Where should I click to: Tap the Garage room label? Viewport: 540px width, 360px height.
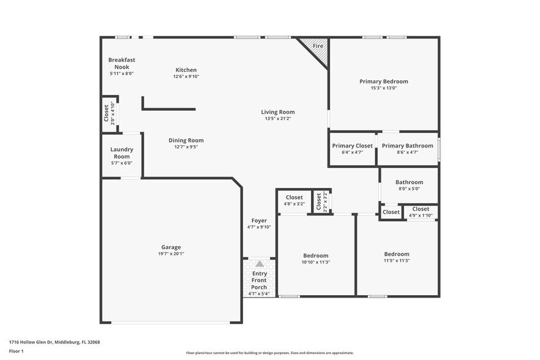point(171,247)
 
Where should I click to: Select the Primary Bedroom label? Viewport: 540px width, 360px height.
point(383,81)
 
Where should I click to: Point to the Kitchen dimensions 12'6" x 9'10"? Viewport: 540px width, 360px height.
point(186,77)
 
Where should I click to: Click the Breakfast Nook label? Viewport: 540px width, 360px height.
point(121,63)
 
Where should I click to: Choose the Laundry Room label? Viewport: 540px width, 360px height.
point(121,152)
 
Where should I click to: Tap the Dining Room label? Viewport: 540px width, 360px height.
point(186,140)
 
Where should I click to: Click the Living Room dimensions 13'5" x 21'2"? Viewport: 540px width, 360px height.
point(278,119)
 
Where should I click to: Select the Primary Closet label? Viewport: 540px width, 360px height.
point(352,146)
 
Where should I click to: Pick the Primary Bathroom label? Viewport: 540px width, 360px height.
point(407,146)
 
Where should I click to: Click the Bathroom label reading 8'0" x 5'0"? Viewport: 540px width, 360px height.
point(409,189)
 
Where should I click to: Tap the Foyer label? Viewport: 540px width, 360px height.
point(259,220)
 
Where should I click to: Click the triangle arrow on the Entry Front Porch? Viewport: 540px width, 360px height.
point(259,263)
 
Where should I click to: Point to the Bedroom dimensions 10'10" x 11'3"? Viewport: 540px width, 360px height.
point(316,262)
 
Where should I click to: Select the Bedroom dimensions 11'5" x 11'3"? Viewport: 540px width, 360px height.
point(397,260)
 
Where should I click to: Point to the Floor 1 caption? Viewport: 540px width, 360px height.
point(17,351)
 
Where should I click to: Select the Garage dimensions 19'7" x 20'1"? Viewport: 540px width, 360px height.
point(171,254)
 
